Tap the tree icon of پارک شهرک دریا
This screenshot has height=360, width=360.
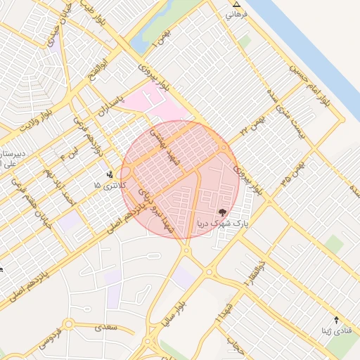pos(222,212)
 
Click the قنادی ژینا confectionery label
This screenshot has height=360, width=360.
pos(333,330)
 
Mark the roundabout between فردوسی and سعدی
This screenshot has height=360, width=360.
pos(69,325)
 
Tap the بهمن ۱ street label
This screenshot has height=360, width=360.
pos(162,35)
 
